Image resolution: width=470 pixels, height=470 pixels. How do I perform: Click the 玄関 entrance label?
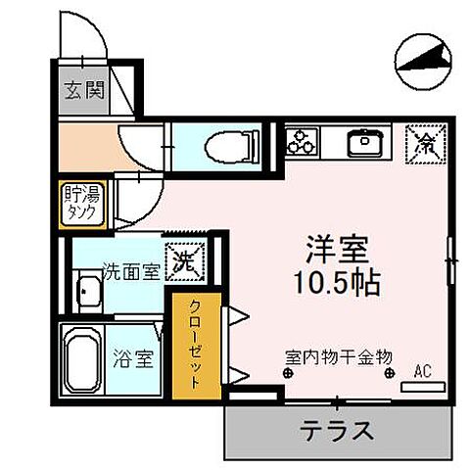[x=79, y=93]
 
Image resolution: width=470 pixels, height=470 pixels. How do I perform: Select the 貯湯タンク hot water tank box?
[x=81, y=202]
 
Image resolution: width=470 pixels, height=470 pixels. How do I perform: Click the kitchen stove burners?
[x=301, y=144]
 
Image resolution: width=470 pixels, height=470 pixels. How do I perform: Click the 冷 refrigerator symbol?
[x=427, y=143]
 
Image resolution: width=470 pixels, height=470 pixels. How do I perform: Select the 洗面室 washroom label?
[x=130, y=271]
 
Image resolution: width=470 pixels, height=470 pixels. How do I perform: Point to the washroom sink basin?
[x=87, y=293]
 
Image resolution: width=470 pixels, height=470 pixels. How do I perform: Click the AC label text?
[x=423, y=370]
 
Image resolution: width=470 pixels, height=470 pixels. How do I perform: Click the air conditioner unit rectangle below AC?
[x=423, y=385]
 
